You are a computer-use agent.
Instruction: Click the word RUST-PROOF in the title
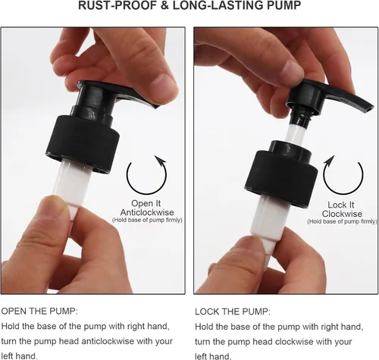coord(117,5)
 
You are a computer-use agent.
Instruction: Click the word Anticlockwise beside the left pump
coord(147,212)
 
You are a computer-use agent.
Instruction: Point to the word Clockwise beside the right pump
coord(342,214)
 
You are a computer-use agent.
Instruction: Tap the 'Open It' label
coord(146,203)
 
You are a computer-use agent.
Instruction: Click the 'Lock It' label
coord(341,205)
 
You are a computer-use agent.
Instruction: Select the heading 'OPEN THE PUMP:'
coord(39,311)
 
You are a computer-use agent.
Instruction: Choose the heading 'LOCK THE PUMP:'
coord(233,311)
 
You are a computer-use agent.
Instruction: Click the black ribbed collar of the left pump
coord(83,143)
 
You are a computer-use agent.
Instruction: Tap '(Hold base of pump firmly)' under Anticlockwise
coord(147,220)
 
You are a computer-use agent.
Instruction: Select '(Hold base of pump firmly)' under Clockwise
coord(343,221)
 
